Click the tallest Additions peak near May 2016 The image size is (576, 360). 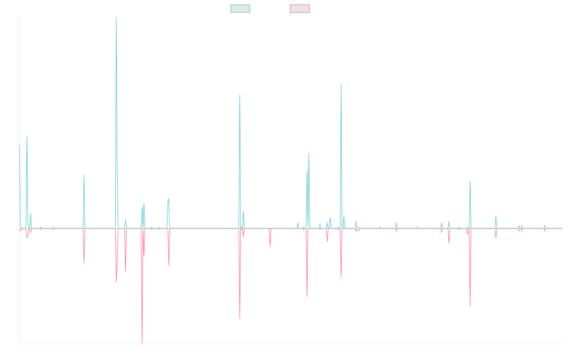116,18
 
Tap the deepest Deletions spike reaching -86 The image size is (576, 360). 142,343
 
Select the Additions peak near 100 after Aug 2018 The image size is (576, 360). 240,94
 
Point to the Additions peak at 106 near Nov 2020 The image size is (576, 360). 341,86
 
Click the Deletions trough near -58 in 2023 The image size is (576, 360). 470,306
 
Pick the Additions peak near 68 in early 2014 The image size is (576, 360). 27,136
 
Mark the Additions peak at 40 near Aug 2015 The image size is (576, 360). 84,174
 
